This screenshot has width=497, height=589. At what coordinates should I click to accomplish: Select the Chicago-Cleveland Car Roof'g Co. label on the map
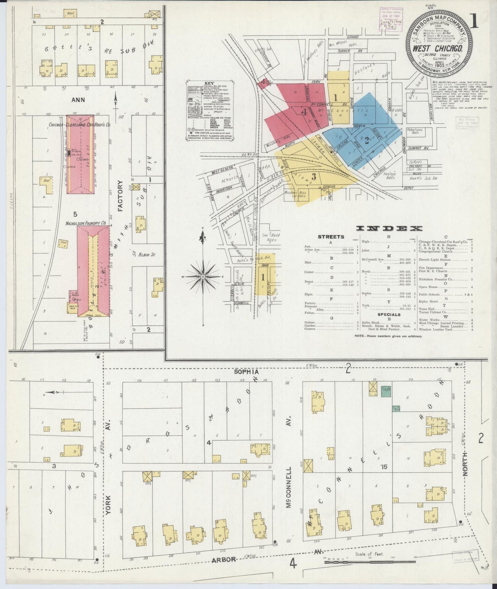[79, 125]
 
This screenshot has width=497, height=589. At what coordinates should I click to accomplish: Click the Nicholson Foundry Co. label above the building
[86, 223]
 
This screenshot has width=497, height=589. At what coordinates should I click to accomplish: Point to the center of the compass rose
[203, 277]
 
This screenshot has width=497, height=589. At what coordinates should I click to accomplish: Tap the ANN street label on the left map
[78, 100]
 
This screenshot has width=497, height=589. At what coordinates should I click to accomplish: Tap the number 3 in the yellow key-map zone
[313, 177]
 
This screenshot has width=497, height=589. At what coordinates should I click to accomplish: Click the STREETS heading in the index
[331, 237]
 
